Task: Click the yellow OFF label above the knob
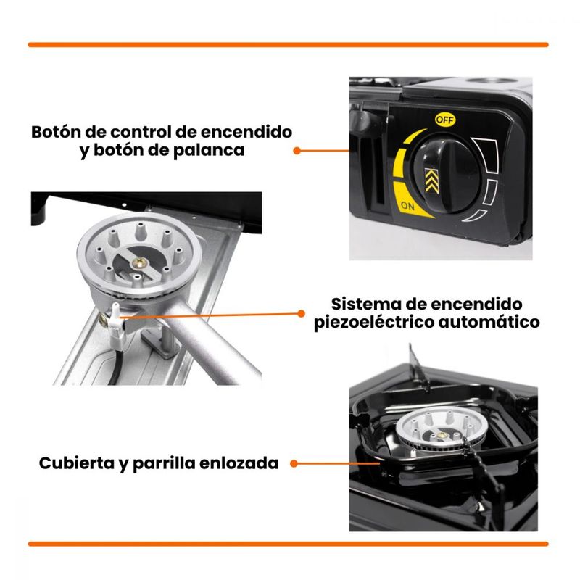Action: click(445, 120)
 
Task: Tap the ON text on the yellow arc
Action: click(407, 206)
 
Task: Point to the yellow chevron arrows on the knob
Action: click(431, 181)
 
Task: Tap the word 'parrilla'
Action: click(164, 464)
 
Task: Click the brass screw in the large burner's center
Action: click(140, 263)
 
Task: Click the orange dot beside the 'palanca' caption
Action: click(297, 151)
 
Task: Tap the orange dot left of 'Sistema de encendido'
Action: click(301, 314)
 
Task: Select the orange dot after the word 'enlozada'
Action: click(294, 463)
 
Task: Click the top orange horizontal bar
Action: click(288, 45)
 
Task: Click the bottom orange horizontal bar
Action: click(288, 544)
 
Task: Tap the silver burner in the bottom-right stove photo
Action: click(440, 431)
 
